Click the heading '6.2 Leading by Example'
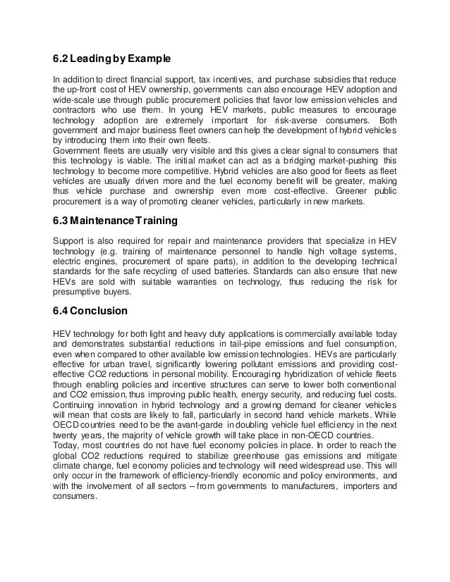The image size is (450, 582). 113,57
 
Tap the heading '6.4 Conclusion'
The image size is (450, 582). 91,310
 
